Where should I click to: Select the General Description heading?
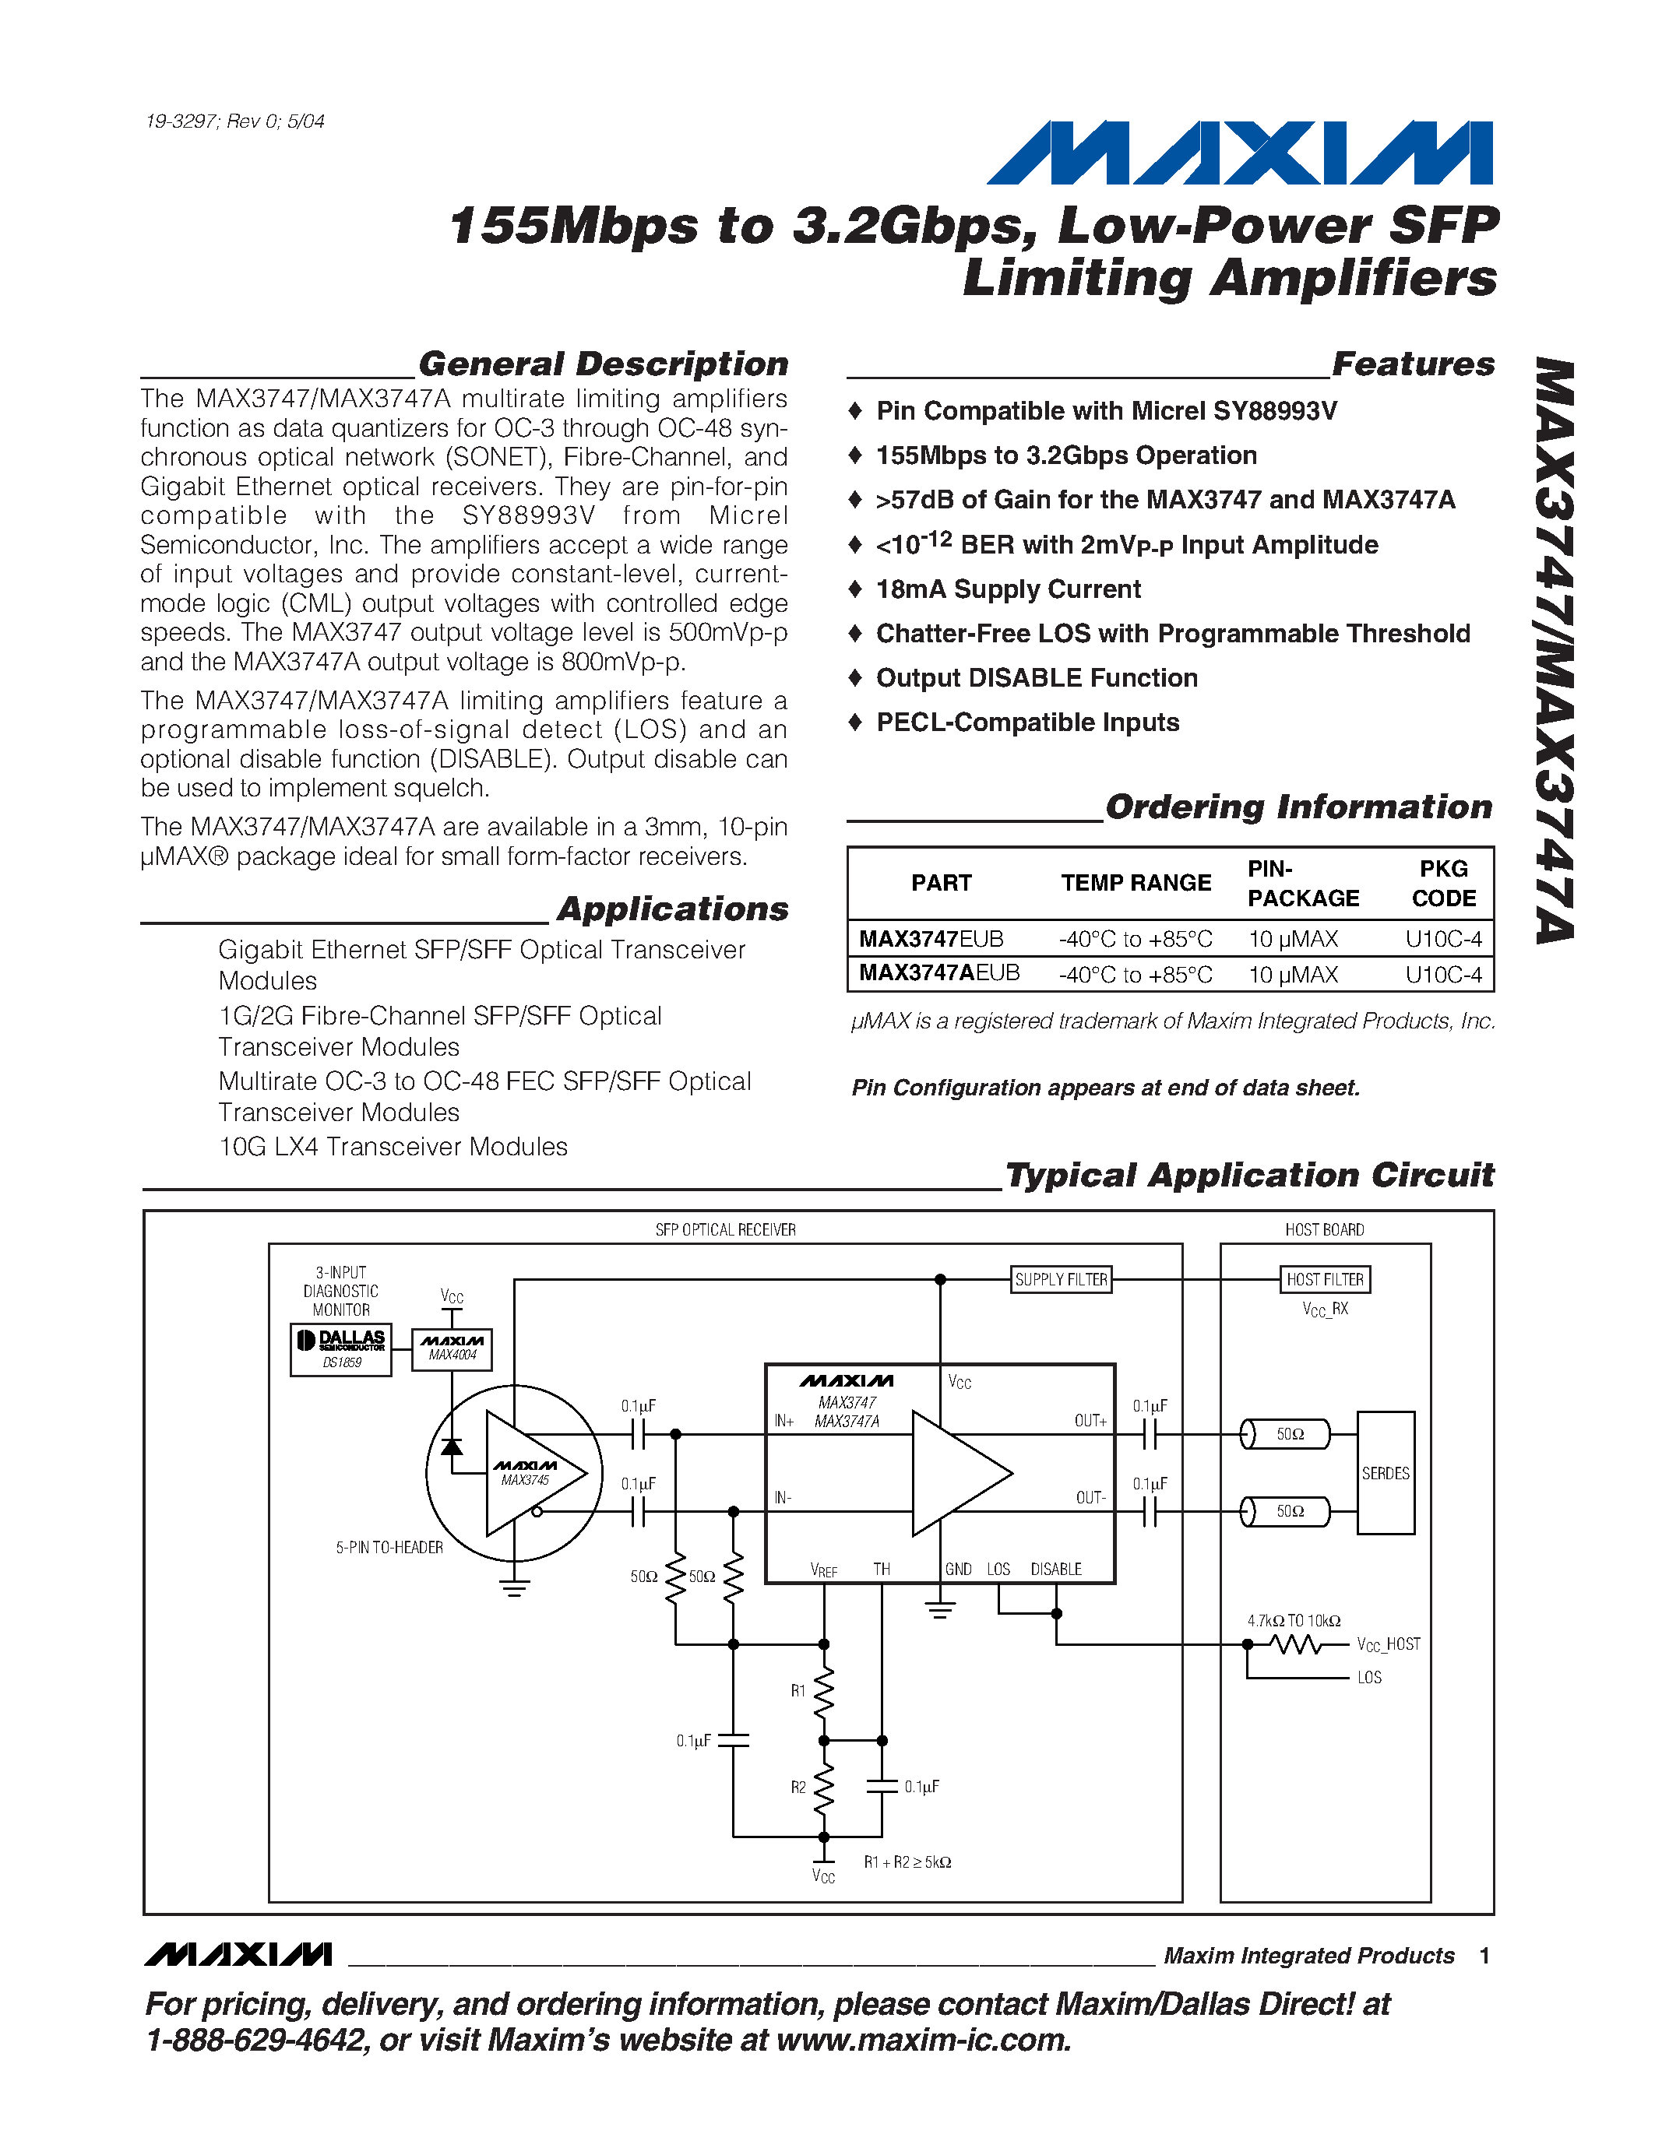603,364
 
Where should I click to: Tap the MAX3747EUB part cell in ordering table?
931,939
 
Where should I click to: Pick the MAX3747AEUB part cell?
939,973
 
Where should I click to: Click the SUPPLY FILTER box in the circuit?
1061,1279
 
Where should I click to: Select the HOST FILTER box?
1325,1279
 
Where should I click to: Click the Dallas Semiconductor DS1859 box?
341,1349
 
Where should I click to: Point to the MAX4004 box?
452,1349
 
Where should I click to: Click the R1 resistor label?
798,1691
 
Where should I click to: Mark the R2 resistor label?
798,1787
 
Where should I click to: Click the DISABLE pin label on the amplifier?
1056,1570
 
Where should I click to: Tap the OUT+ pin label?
1090,1421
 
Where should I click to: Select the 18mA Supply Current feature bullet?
1008,589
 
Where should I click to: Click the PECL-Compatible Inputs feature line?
1027,722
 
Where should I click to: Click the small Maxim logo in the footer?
238,1956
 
